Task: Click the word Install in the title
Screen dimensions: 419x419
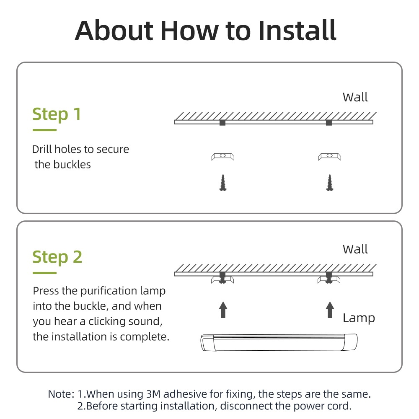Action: [297, 31]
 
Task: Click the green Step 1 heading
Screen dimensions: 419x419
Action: [57, 114]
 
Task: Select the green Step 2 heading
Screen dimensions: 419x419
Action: [57, 257]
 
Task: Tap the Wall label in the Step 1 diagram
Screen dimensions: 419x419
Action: [355, 97]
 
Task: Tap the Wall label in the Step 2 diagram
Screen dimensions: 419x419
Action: [355, 249]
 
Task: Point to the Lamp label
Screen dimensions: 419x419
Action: [359, 318]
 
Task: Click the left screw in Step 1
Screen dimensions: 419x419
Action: [223, 183]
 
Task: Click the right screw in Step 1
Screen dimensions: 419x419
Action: [330, 183]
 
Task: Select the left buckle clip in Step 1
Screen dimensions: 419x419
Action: [223, 157]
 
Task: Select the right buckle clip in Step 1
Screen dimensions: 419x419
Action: [330, 157]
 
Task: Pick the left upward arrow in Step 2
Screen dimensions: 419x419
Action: [223, 310]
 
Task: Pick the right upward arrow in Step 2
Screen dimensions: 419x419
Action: [330, 310]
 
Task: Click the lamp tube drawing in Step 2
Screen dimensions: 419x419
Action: [279, 342]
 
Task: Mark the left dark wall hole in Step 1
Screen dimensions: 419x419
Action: [222, 123]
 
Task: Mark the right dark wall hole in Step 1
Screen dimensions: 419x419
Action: [329, 123]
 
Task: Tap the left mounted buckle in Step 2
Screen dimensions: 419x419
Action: [222, 279]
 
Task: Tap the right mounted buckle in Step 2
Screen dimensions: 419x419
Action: [329, 279]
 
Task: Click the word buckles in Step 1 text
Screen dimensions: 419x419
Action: [72, 165]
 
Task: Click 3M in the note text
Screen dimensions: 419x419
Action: [153, 394]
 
